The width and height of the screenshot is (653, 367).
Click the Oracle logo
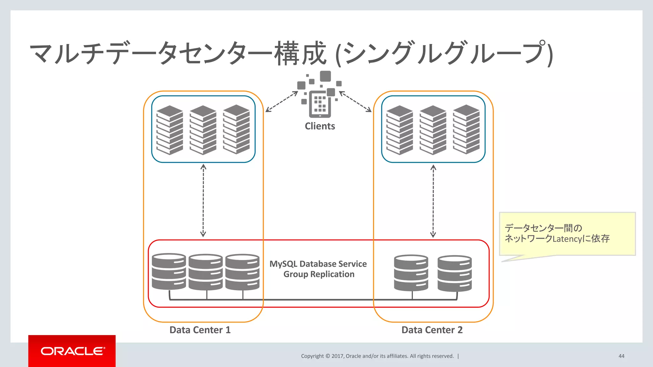[x=72, y=351]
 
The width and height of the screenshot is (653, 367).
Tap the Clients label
[x=320, y=126]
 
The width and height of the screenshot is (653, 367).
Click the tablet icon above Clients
[x=320, y=104]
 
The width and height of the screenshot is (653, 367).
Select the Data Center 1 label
[x=200, y=330]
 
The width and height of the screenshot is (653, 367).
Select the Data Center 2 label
[x=432, y=330]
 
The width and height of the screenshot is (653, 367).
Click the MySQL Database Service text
[x=318, y=264]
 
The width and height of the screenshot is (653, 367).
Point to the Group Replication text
[x=319, y=274]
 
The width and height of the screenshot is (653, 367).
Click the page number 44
[x=621, y=356]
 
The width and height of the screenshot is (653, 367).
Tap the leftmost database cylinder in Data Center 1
[x=169, y=271]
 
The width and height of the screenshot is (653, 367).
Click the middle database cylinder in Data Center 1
[x=206, y=272]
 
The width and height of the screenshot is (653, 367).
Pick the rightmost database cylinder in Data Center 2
[x=454, y=273]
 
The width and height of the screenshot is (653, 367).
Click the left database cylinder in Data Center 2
[x=411, y=273]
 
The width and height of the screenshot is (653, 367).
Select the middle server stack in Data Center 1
[x=203, y=130]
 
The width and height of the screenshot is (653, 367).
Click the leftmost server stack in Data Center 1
[x=170, y=130]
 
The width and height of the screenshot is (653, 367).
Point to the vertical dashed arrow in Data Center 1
[x=203, y=201]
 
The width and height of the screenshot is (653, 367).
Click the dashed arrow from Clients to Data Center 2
[x=356, y=102]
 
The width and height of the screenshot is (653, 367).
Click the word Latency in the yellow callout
[x=567, y=239]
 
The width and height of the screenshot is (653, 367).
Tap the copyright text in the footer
[x=377, y=356]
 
